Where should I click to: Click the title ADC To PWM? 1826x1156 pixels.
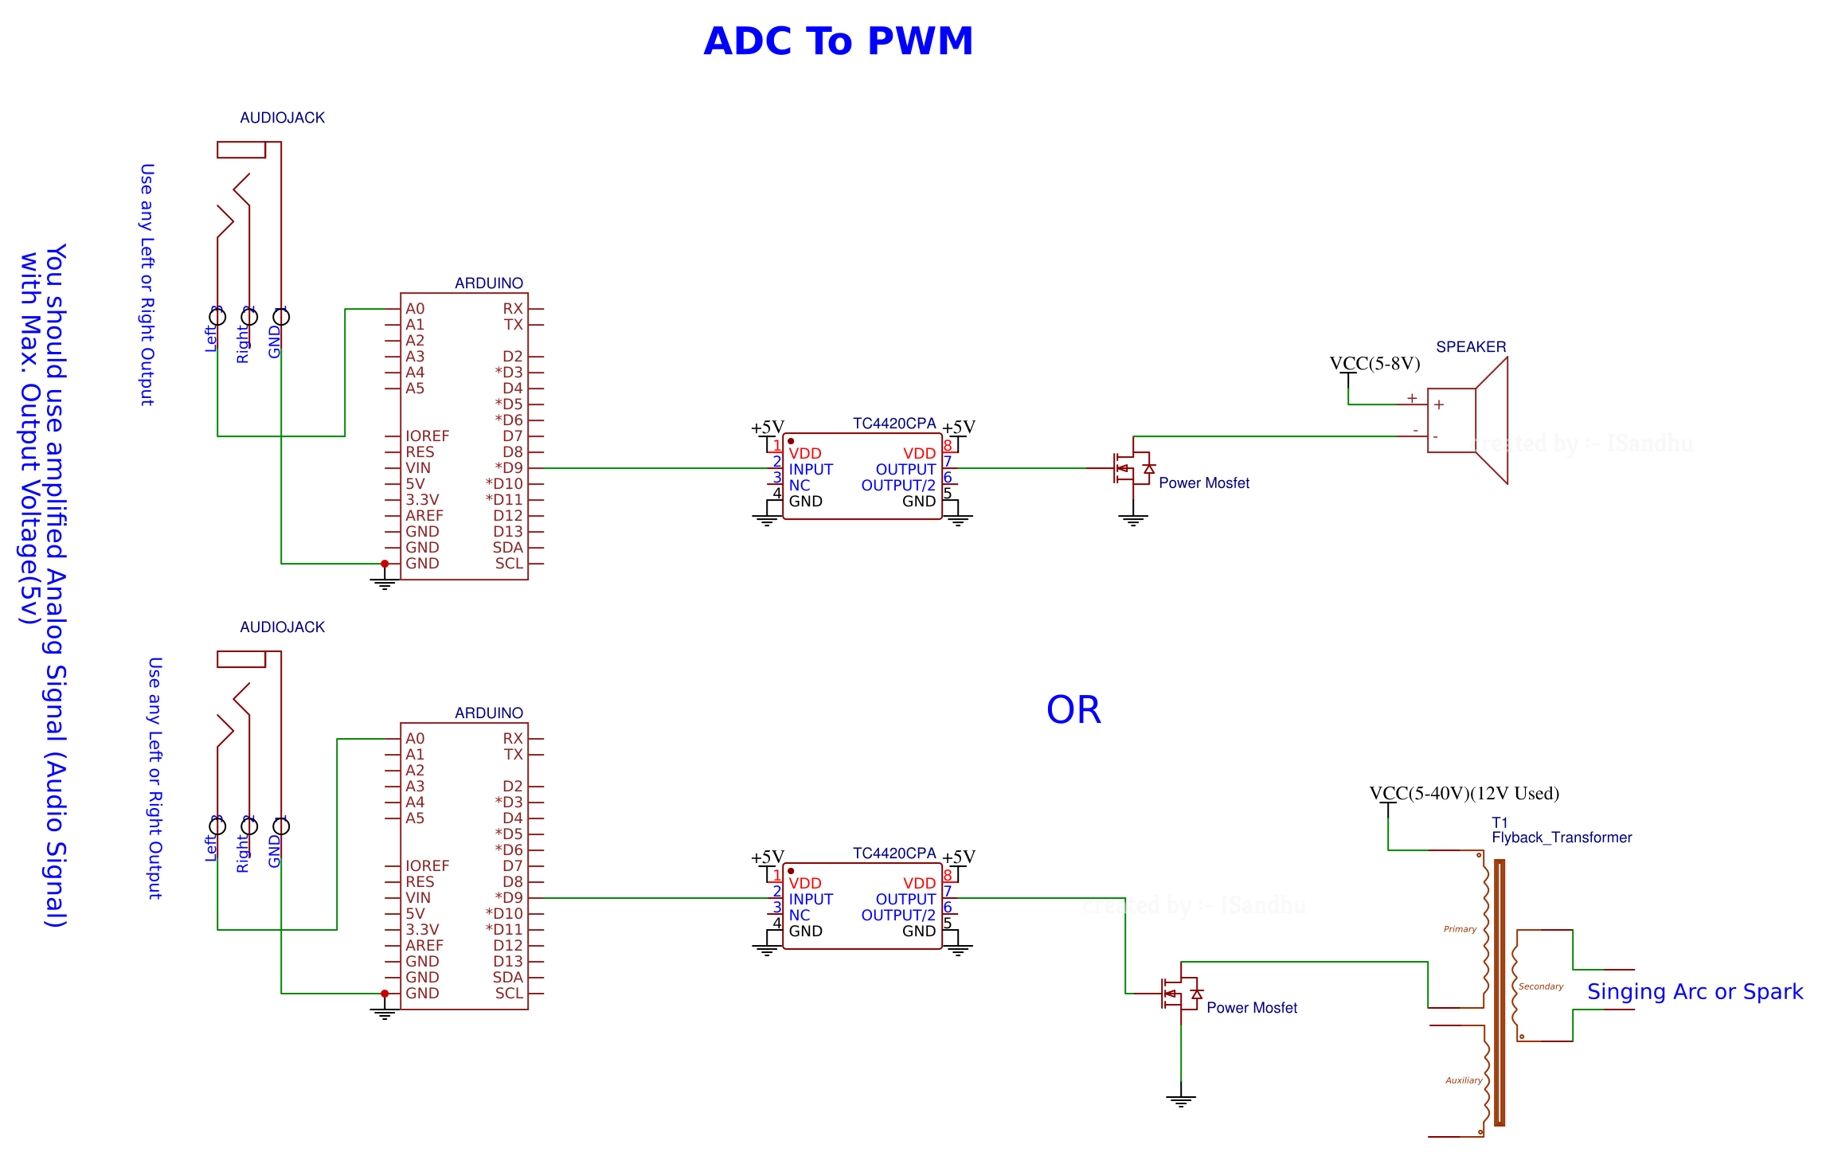coord(838,41)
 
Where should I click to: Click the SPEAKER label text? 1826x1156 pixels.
coord(1470,347)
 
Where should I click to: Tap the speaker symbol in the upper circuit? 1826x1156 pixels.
coord(1467,420)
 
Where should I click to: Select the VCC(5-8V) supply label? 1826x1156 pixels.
coord(1374,364)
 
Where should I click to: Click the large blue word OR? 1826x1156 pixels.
coord(1073,709)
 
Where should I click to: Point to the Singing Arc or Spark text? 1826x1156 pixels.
coord(1694,991)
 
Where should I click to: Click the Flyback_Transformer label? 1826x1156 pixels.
coord(1561,838)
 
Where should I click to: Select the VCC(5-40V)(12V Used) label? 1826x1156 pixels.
coord(1464,794)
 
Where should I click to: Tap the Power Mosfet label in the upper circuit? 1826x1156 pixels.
coord(1203,483)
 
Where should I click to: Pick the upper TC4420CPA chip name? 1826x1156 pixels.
coord(893,424)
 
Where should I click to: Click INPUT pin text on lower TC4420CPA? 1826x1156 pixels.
coord(810,899)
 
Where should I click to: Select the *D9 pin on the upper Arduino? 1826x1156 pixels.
coord(509,468)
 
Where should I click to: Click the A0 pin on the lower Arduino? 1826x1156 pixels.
coord(415,739)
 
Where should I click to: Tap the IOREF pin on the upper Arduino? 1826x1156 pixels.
coord(427,436)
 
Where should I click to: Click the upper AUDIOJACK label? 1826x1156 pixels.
coord(282,118)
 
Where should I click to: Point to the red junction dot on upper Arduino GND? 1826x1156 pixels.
coord(385,564)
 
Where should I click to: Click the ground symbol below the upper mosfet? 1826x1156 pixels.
coord(1132,521)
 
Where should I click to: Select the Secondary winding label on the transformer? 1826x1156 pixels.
coord(1540,986)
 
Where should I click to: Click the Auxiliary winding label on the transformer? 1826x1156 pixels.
coord(1464,1080)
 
